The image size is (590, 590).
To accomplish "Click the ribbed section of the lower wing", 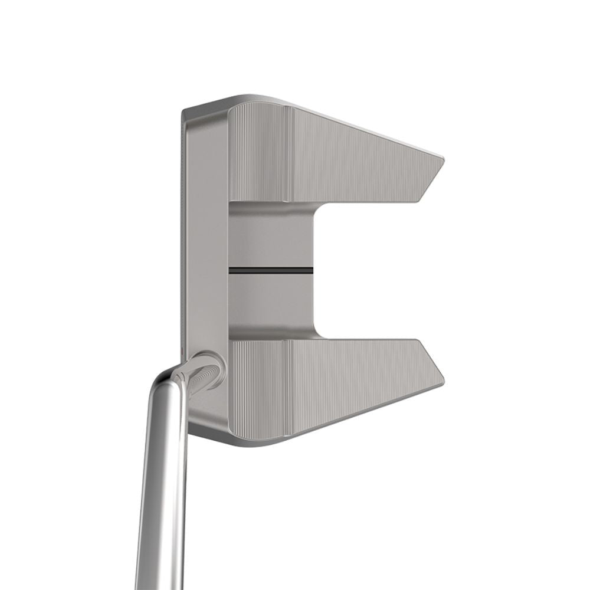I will click(260, 389).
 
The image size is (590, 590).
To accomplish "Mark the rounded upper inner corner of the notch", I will click(316, 209).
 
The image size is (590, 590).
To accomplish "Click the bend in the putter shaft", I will click(171, 378).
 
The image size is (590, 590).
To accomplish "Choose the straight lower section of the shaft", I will click(156, 501).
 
